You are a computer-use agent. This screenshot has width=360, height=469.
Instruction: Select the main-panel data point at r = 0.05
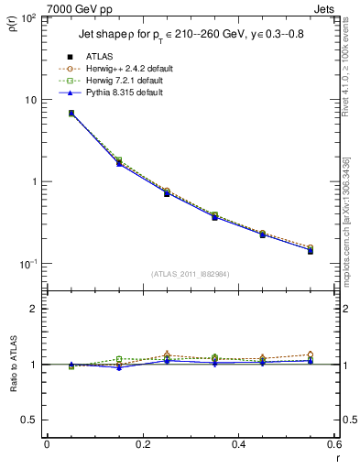[71, 114]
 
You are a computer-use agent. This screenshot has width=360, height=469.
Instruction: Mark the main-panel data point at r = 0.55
[311, 249]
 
